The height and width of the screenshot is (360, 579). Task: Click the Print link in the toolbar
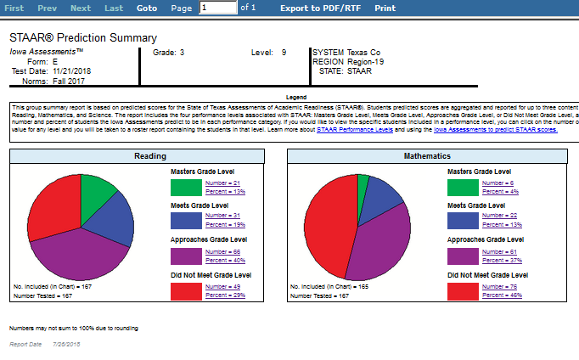[385, 8]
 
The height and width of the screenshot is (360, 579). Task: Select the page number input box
[217, 8]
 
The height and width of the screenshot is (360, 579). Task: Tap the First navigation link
[14, 8]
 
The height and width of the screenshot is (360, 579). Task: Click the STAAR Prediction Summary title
[83, 38]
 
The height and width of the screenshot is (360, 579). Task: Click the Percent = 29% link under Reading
[224, 295]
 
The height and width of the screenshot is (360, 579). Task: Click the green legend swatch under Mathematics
[463, 186]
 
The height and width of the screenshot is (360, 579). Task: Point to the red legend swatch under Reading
[185, 290]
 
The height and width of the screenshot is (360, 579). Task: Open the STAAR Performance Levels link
[353, 131]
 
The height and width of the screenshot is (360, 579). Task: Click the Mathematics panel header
[428, 156]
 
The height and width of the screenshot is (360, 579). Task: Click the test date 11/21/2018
[76, 70]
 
